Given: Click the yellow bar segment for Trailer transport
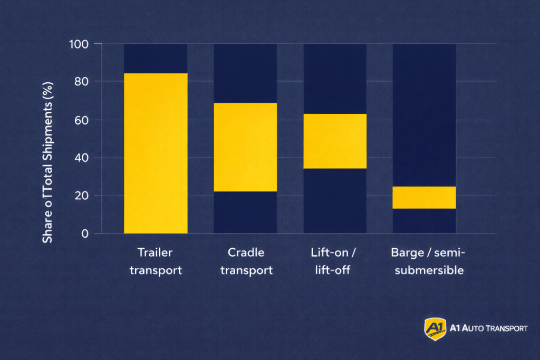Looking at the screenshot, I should click(156, 153).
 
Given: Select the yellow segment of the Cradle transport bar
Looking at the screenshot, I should click(245, 147).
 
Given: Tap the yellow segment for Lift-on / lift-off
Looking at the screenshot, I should click(335, 141).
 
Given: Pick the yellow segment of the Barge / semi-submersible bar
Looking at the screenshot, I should click(424, 197).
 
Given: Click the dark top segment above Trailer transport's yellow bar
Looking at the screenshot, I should click(156, 58).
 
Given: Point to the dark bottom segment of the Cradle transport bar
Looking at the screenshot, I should click(245, 212).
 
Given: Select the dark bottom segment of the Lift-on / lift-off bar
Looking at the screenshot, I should click(335, 201).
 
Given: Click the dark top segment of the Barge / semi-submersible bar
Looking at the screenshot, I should click(424, 115).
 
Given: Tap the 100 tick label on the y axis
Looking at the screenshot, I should click(78, 44).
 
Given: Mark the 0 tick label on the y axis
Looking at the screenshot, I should click(84, 233).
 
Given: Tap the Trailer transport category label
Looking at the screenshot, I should click(156, 261).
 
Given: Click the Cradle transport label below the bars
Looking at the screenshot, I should click(246, 261).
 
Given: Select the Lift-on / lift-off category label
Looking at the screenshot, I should click(334, 261).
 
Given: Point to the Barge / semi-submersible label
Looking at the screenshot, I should click(428, 261).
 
